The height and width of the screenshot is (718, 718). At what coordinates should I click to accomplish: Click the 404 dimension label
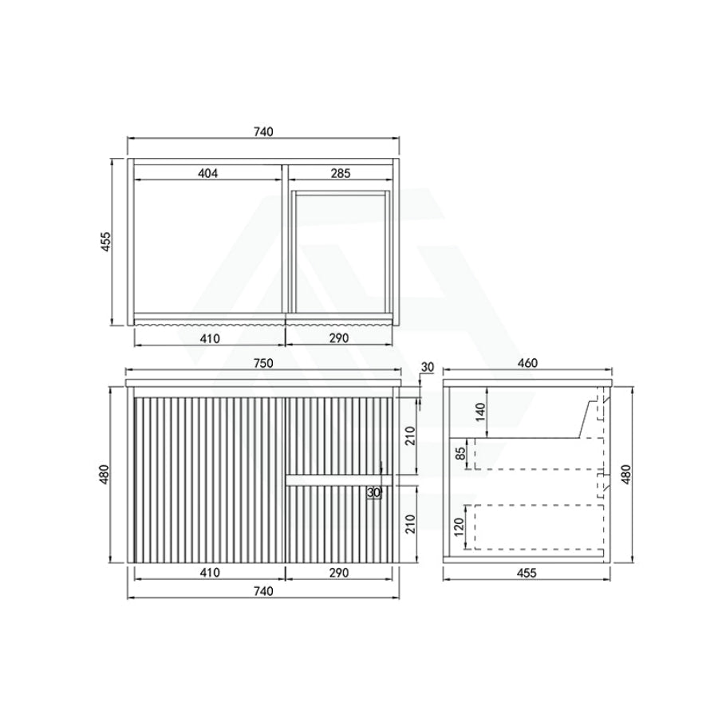208,173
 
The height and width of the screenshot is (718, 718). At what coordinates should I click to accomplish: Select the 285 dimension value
341,173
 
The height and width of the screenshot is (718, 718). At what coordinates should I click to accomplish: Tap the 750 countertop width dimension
263,363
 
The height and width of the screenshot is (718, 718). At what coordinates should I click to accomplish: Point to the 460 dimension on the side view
527,363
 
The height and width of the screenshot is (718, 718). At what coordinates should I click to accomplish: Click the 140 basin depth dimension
480,412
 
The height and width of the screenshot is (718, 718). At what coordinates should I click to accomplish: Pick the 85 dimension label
460,453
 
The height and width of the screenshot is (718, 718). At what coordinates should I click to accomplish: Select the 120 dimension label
460,527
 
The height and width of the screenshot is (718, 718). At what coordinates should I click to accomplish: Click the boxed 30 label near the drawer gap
374,493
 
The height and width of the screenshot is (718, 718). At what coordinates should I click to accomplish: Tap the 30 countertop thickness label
428,367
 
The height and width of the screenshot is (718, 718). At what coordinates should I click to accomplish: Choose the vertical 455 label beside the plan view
105,241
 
